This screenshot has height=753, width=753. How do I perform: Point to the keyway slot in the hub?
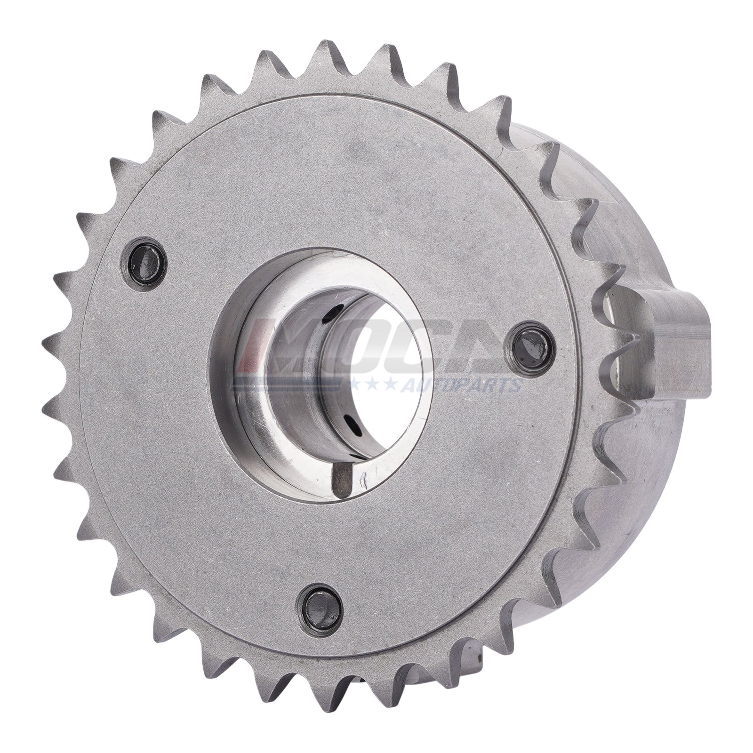click(x=342, y=476)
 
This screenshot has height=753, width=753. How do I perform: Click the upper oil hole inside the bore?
click(x=335, y=311)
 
